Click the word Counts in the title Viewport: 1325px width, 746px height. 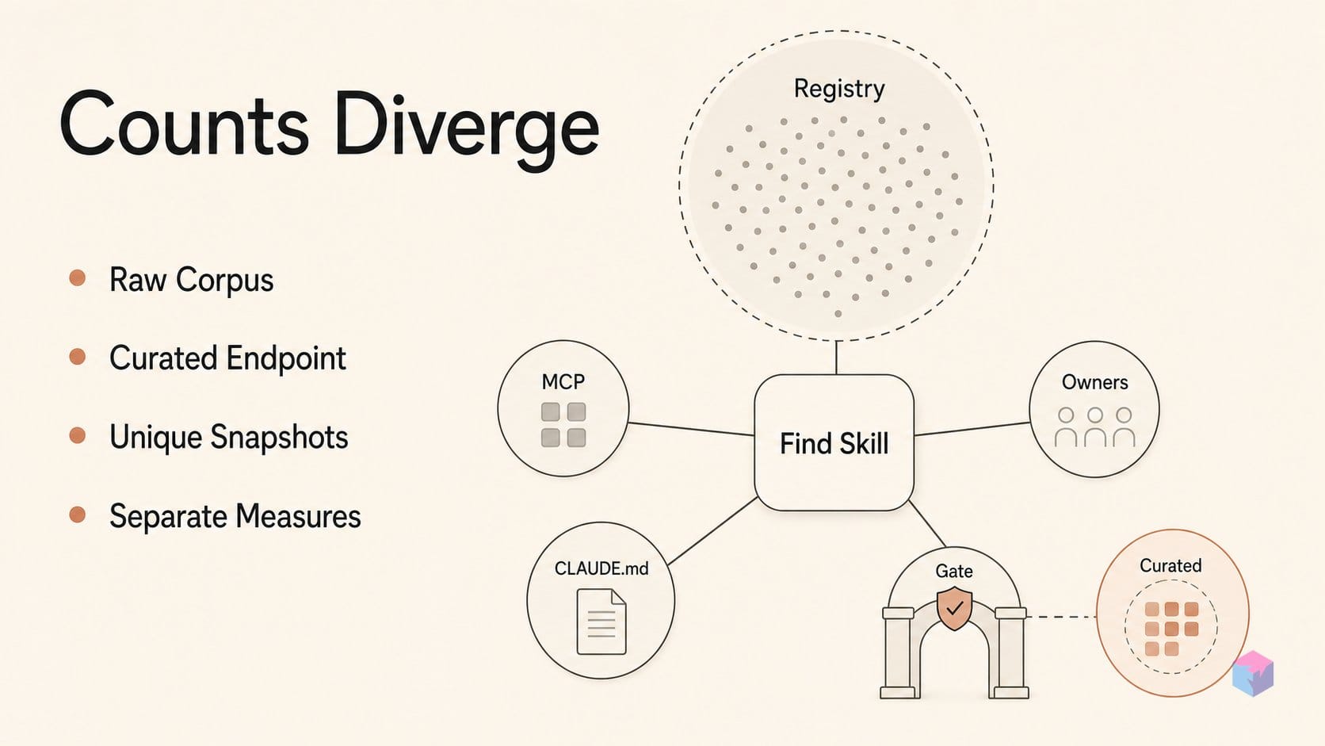(183, 124)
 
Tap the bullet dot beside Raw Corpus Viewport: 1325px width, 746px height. (77, 277)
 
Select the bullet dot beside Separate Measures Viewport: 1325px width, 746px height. (77, 514)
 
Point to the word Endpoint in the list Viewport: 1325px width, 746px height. (286, 358)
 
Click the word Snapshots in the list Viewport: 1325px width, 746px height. (279, 438)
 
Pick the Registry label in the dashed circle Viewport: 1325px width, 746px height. (839, 90)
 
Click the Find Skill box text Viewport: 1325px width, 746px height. (834, 444)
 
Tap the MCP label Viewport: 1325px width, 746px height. (563, 381)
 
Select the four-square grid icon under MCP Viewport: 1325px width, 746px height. (563, 425)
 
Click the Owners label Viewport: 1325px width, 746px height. (1095, 382)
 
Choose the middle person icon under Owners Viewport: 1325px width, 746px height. (1095, 427)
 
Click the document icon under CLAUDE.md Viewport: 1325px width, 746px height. (601, 622)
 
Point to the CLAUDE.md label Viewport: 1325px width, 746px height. (601, 568)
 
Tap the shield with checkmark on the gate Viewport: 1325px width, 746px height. (954, 608)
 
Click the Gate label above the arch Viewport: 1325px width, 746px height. (954, 571)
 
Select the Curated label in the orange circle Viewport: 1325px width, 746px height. (1170, 565)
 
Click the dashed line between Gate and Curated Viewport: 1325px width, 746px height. (1062, 617)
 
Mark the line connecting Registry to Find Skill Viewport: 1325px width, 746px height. (836, 358)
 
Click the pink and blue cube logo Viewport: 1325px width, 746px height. (1253, 673)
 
